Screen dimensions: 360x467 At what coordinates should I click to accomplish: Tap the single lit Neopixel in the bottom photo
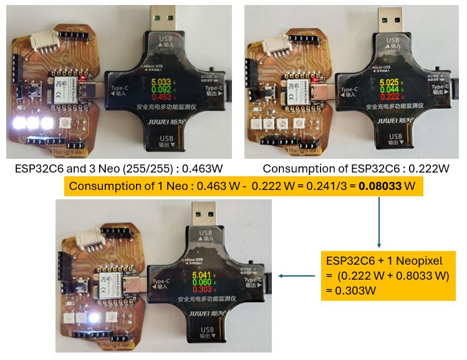pyautogui.click(x=94, y=318)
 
